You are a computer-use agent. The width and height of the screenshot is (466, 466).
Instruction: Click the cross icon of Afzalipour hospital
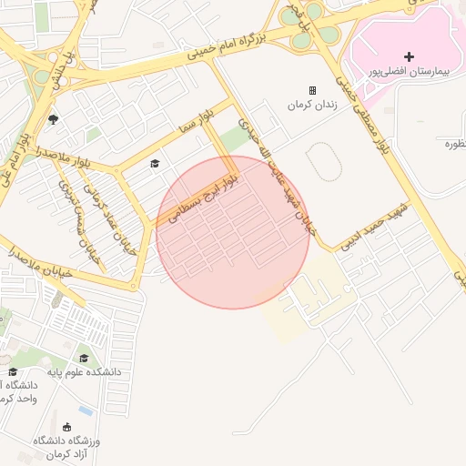[409, 56]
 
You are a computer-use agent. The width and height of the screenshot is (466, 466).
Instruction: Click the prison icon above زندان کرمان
[313, 91]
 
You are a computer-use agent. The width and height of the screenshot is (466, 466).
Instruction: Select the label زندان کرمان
[312, 105]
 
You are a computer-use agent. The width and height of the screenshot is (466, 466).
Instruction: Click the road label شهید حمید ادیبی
[373, 223]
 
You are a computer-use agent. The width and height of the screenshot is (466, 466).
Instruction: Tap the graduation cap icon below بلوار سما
[155, 163]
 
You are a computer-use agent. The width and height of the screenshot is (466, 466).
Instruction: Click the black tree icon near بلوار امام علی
[53, 118]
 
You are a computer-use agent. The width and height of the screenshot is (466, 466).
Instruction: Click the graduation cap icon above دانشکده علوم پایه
[85, 358]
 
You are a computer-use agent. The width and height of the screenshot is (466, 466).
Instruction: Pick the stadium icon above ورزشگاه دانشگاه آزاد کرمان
[66, 427]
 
